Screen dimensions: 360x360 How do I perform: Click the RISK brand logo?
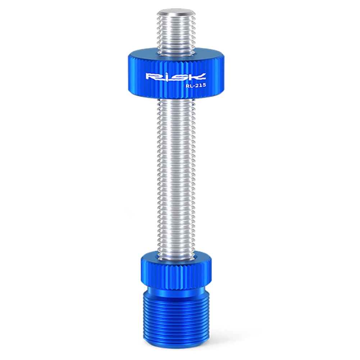coord(175,77)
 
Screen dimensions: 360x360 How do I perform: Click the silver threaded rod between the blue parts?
coord(176,173)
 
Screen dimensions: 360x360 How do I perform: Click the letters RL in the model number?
coord(188,86)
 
